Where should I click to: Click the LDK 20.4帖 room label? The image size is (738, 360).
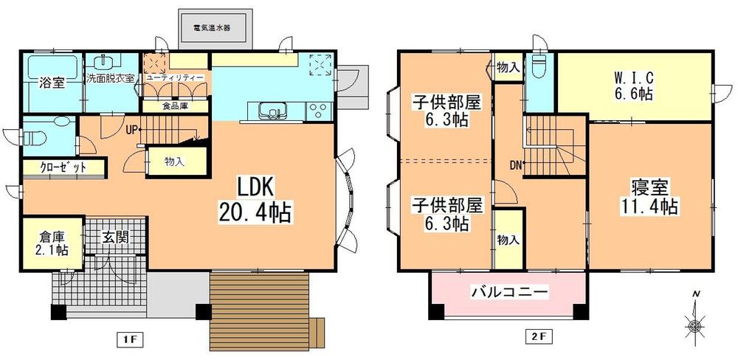coord(255,200)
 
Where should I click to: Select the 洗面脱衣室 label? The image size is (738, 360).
coord(110,77)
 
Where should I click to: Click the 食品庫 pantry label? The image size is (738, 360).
coord(176,105)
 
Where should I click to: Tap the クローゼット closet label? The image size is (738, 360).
coord(63,167)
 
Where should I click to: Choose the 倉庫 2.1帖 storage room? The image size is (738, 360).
coord(50,244)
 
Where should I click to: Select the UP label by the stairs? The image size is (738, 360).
coord(131,131)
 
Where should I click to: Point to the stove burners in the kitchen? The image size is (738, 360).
coord(319,111)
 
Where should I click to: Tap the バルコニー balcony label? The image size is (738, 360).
coord(509,292)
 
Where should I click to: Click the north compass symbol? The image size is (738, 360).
coord(696,322)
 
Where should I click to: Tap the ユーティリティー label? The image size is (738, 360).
coord(176,77)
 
